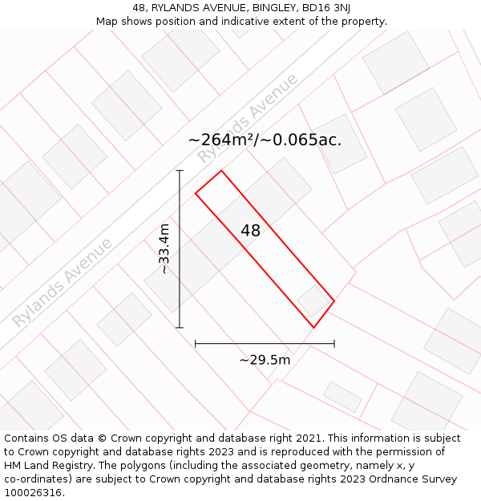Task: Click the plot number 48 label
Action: click(x=250, y=231)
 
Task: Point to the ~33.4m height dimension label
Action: click(x=164, y=248)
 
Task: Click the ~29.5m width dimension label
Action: click(x=265, y=360)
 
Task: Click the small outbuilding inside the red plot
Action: click(x=313, y=301)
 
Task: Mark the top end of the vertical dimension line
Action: click(x=180, y=171)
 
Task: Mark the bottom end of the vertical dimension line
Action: click(x=180, y=327)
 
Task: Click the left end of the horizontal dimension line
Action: click(x=196, y=344)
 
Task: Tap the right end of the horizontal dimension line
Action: click(x=334, y=344)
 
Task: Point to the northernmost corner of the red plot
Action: click(x=221, y=171)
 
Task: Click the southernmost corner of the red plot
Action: click(x=313, y=327)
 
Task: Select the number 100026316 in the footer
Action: click(x=31, y=493)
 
